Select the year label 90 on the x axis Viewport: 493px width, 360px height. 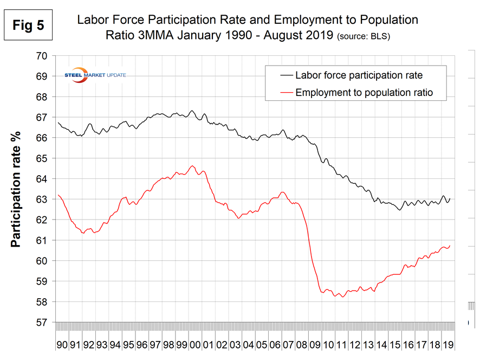[61, 344]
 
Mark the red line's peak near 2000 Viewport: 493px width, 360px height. [192, 166]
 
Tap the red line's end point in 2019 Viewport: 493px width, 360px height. [450, 246]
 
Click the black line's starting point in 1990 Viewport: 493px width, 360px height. [57, 123]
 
